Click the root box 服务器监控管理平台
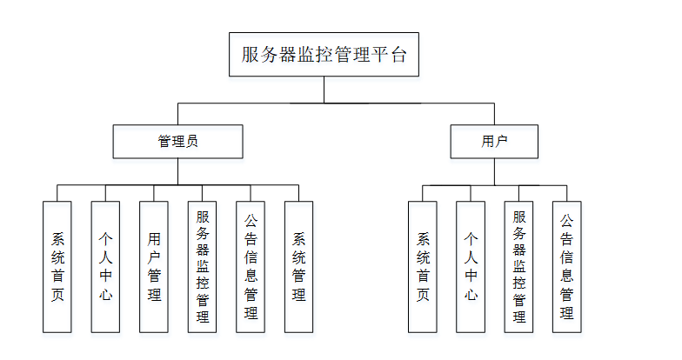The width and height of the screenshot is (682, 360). (324, 55)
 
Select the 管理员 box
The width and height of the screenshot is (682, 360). (177, 141)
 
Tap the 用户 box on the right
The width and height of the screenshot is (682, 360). (494, 141)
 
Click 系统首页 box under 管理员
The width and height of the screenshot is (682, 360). (57, 266)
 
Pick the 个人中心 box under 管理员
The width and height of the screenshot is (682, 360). (105, 266)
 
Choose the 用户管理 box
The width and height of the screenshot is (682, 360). (154, 266)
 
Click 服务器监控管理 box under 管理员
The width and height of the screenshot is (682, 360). (203, 266)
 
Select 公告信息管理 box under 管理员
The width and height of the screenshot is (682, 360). (251, 266)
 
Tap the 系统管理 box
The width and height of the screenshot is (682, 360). (298, 266)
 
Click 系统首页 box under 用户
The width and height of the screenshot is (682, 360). (423, 266)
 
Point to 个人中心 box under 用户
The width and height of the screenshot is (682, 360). (471, 266)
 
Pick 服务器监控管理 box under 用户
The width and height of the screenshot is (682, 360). (519, 266)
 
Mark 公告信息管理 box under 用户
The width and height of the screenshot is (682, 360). (566, 266)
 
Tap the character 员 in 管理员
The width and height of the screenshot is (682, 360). (191, 141)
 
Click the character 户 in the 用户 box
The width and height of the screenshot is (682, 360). (501, 141)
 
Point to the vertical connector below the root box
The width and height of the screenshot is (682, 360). (324, 90)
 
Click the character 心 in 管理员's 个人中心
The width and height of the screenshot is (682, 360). (105, 295)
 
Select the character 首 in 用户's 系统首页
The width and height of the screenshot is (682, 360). (423, 276)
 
